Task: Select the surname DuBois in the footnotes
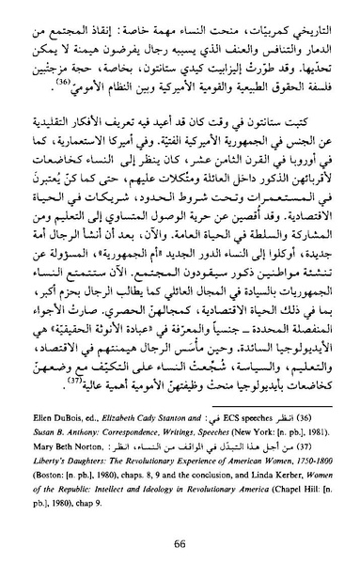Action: [82, 412]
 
